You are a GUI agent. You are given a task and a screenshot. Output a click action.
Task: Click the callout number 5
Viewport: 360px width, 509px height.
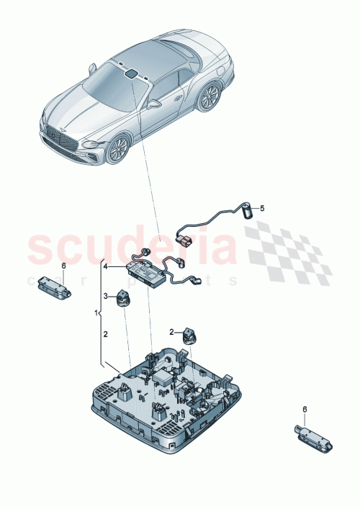tap(262, 209)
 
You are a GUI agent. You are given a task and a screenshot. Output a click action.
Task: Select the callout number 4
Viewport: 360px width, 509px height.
tap(105, 267)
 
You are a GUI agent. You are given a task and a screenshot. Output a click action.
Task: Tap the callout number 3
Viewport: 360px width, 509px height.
tap(105, 296)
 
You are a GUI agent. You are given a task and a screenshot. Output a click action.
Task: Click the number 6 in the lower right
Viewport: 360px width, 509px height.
tap(304, 409)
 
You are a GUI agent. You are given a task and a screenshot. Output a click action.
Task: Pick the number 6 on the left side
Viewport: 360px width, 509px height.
tap(63, 266)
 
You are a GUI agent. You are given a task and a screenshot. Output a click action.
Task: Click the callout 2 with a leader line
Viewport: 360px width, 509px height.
tap(172, 332)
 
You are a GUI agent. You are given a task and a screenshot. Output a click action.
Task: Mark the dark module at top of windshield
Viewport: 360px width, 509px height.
tap(132, 73)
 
